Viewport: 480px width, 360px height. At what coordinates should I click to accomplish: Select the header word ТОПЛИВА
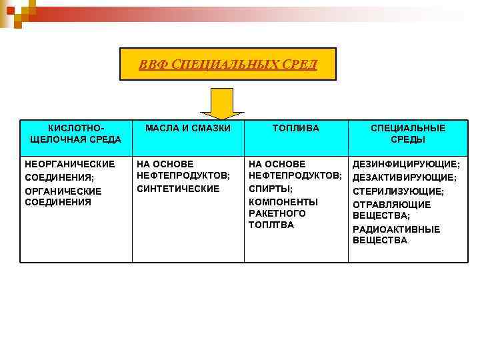(x=296, y=127)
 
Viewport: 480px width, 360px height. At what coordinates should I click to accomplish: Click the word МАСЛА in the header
(x=161, y=127)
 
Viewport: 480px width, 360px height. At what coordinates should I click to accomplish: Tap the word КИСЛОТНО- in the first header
(x=75, y=127)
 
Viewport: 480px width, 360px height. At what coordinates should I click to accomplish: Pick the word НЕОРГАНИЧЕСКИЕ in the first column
(x=69, y=164)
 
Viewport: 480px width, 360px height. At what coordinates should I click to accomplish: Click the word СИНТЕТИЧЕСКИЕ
(x=178, y=189)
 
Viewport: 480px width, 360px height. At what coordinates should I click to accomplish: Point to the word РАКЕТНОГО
(x=277, y=213)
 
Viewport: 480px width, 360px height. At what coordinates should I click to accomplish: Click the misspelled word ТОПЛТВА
(x=271, y=225)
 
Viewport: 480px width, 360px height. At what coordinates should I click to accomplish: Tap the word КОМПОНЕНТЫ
(x=283, y=201)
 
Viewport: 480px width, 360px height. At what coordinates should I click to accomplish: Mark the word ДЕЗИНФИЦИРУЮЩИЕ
(x=405, y=164)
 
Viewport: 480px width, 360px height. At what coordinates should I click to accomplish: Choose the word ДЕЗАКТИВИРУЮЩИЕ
(x=404, y=178)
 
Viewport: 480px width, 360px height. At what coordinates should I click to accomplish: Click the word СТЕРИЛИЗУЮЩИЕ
(x=397, y=191)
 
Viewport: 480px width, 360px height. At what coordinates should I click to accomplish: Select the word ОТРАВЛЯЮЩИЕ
(x=391, y=205)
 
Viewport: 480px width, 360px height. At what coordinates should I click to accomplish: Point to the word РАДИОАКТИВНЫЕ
(x=396, y=229)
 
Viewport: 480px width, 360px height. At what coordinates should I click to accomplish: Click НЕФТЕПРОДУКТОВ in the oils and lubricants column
(x=182, y=176)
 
